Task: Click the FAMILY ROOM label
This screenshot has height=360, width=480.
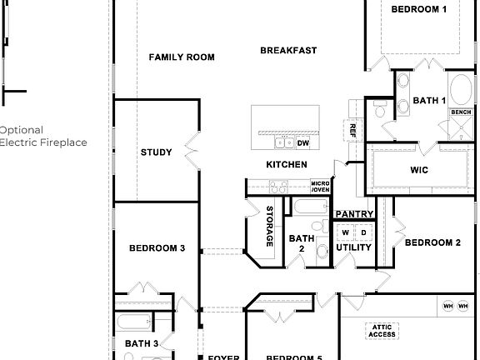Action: [x=181, y=57]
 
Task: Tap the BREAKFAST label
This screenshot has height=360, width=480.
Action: [x=288, y=51]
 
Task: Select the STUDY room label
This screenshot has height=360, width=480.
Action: [x=156, y=152]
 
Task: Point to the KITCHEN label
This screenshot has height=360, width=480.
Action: [x=286, y=165]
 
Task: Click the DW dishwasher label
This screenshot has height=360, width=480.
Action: [x=302, y=119]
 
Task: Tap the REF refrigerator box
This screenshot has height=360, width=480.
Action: [x=352, y=130]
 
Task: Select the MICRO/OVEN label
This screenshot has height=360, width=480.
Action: [x=320, y=187]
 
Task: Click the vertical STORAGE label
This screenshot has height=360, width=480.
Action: [x=269, y=226]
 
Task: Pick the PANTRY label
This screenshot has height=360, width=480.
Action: [x=354, y=214]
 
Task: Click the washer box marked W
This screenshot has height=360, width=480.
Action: [x=345, y=232]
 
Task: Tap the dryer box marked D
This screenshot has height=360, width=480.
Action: [x=363, y=232]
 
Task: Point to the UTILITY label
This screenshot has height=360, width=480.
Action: [x=353, y=247]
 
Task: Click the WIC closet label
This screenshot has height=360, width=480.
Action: [x=419, y=169]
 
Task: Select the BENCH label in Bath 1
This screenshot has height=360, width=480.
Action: [x=461, y=112]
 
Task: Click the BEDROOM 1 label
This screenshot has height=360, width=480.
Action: [x=419, y=10]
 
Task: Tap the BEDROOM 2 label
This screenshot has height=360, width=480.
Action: [x=432, y=243]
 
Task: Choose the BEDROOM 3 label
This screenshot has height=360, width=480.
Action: [x=157, y=248]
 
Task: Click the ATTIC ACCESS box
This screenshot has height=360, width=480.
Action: [x=382, y=331]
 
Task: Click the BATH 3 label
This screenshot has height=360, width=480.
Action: [x=142, y=343]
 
